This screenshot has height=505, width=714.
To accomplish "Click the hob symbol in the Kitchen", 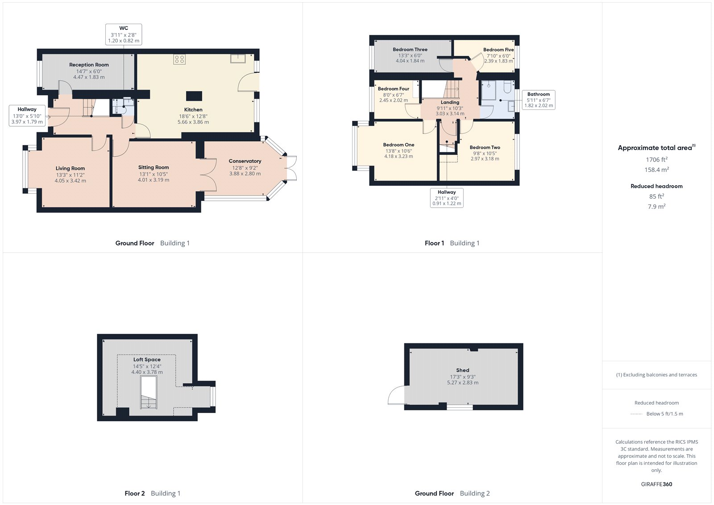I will click(x=179, y=59).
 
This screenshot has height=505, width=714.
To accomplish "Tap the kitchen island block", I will click(x=194, y=96).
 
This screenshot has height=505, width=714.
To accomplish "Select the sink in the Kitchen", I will click(x=238, y=58).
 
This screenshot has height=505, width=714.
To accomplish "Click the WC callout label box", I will click(x=124, y=34).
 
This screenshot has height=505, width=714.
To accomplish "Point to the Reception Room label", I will click(x=89, y=65).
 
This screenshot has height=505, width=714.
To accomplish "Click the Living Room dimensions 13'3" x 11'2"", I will click(x=70, y=175).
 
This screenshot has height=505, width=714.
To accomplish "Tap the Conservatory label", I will click(x=245, y=161).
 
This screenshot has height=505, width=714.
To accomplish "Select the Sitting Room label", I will click(x=154, y=167).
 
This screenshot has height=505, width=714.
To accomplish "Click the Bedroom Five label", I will click(x=498, y=50).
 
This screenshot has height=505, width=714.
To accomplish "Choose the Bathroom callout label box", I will click(x=539, y=100).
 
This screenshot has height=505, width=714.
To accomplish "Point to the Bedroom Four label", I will click(x=393, y=89).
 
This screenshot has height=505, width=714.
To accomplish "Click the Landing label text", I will click(x=450, y=102).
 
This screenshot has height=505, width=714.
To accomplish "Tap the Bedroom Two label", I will click(x=485, y=147).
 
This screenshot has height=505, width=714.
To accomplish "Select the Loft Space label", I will click(x=147, y=359).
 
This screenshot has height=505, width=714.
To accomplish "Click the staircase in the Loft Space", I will click(x=149, y=392).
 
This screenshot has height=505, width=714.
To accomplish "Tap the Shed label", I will click(x=463, y=370).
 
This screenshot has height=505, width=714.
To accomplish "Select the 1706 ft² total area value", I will click(x=656, y=159).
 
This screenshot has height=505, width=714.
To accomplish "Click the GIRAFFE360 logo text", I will click(x=656, y=484).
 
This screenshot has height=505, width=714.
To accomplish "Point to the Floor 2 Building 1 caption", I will click(x=152, y=493).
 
